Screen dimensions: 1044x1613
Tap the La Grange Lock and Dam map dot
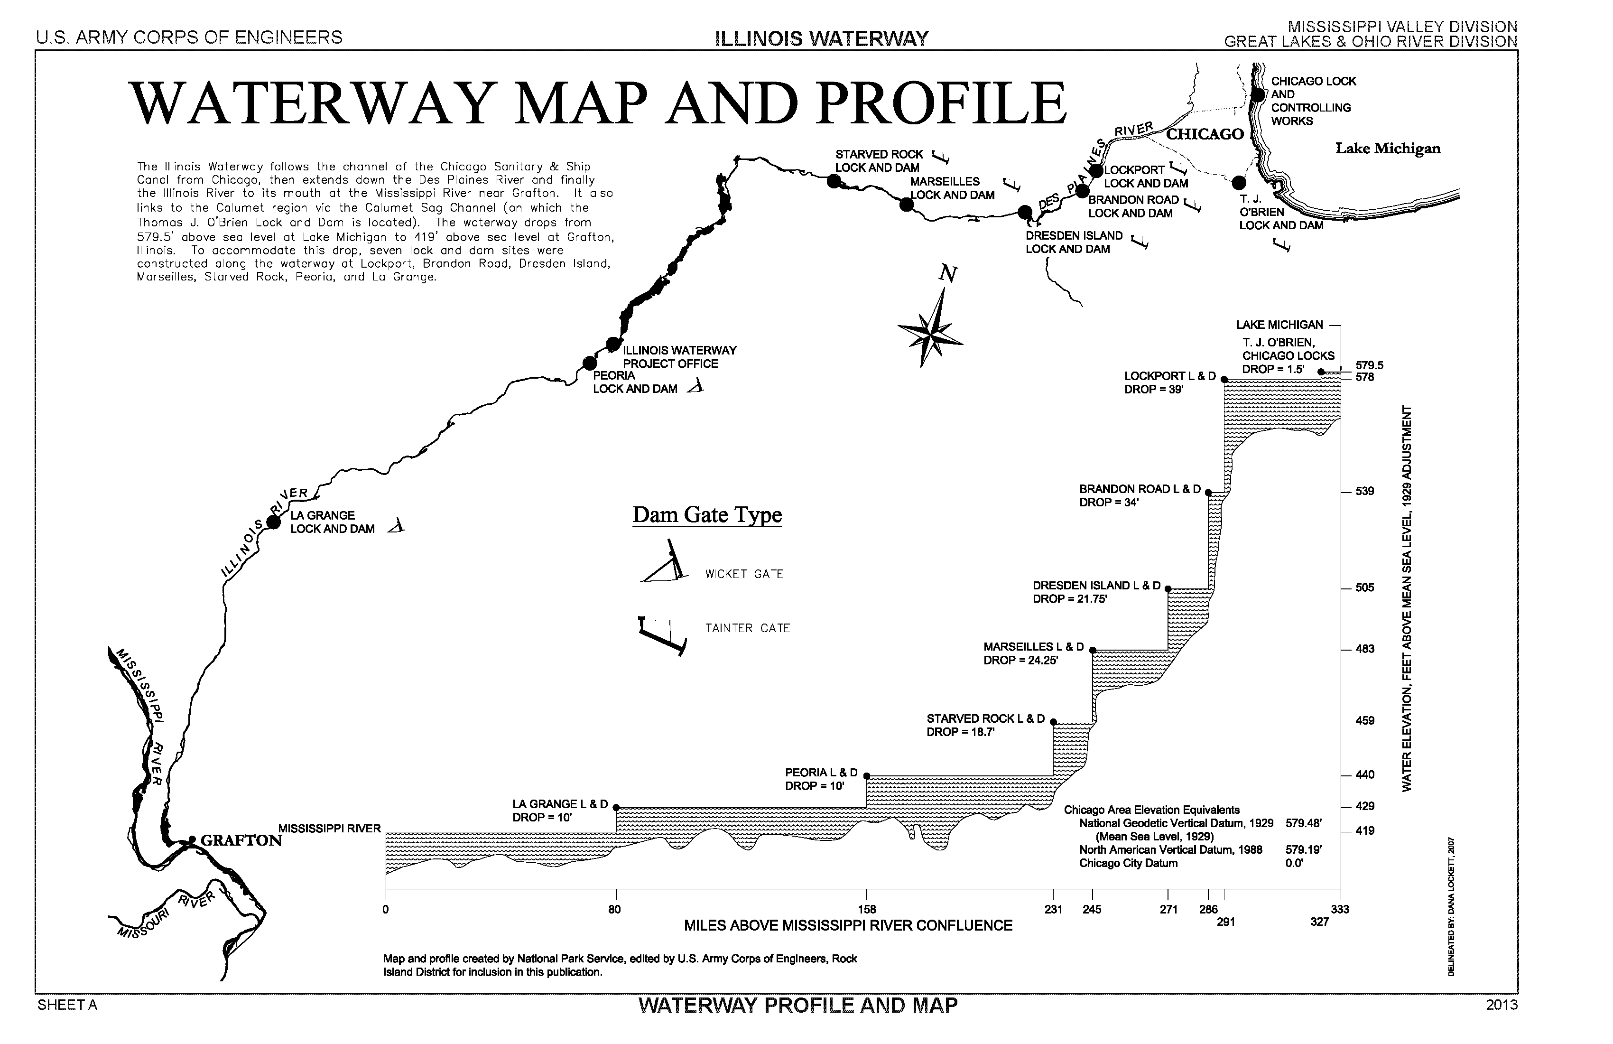[274, 522]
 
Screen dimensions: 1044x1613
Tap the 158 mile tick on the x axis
[867, 910]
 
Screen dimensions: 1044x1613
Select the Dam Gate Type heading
[707, 515]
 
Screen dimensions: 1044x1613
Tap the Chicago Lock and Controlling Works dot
[1258, 94]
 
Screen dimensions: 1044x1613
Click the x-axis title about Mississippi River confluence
[848, 926]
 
